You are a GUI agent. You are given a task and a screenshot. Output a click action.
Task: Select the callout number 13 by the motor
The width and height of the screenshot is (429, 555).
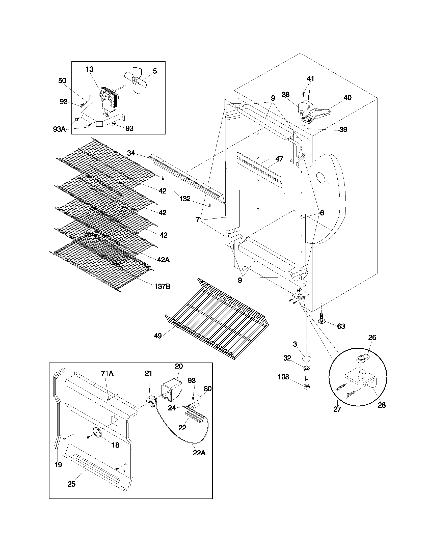point(90,69)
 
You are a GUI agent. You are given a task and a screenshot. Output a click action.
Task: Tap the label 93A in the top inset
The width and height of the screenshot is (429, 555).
point(59,129)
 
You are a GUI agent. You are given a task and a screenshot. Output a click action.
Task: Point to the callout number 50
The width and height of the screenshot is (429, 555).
point(62,81)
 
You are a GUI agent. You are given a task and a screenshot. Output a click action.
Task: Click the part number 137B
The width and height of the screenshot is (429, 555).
point(163,286)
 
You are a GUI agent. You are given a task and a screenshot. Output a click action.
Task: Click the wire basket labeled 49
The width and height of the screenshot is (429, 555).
point(216,320)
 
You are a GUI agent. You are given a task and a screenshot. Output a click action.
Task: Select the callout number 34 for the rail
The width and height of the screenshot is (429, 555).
point(131,153)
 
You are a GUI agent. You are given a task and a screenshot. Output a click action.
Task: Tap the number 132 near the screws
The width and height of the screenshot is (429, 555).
point(185,199)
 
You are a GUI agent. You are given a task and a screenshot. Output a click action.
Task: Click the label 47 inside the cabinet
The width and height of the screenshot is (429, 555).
point(279,159)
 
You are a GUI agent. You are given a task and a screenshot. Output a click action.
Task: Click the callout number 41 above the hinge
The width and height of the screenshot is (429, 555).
point(310,79)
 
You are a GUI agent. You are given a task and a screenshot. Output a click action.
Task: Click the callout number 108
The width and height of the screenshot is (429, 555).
point(283,377)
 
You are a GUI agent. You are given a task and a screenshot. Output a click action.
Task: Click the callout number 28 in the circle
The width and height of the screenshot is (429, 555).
point(382,405)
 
